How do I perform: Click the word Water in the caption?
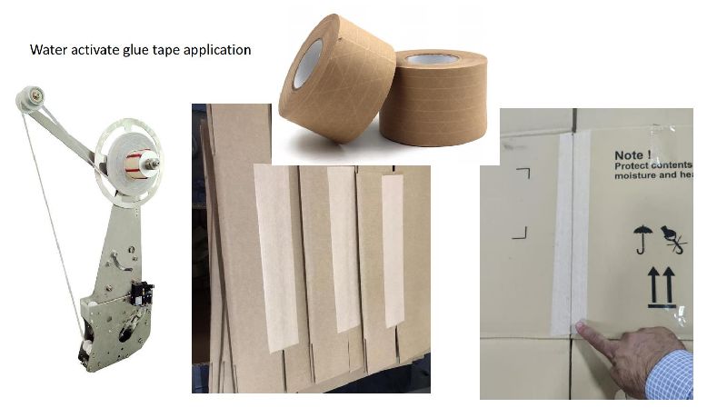[47, 50]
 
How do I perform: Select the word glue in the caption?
[144, 50]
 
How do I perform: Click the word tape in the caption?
[174, 51]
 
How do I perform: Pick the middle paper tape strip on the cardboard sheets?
[344, 245]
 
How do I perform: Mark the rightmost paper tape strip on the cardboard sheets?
[393, 250]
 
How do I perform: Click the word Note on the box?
[632, 154]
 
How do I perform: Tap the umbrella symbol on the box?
[642, 240]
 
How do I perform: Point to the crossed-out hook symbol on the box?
[674, 240]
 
